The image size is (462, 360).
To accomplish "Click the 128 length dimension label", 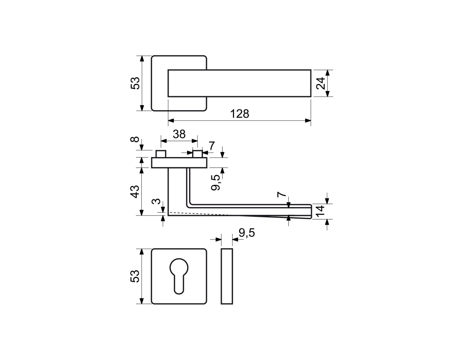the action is pyautogui.click(x=239, y=114).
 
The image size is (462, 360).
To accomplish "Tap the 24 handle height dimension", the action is pyautogui.click(x=320, y=83).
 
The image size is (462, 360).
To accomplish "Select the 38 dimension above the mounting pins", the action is pyautogui.click(x=179, y=134).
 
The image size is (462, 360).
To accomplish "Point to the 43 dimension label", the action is pyautogui.click(x=135, y=192).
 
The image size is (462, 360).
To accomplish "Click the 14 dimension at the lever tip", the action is pyautogui.click(x=320, y=211).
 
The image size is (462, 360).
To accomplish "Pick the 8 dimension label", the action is pyautogui.click(x=135, y=139).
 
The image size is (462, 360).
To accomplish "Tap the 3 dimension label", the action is pyautogui.click(x=156, y=201).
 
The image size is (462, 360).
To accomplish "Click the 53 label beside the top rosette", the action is pyautogui.click(x=135, y=83).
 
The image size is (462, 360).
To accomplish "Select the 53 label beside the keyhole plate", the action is pyautogui.click(x=135, y=276).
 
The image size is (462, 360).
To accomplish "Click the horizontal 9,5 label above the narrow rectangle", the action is pyautogui.click(x=247, y=233).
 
